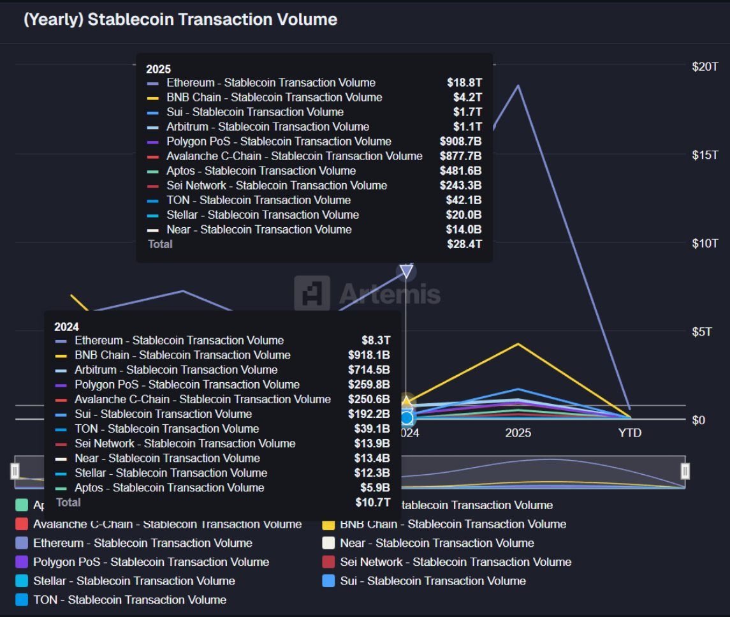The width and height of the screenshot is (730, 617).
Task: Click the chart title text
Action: [180, 20]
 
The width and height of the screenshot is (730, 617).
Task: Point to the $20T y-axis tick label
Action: [705, 66]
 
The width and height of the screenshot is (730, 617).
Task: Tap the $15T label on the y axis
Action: [705, 155]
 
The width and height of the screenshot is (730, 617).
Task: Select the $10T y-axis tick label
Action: [705, 243]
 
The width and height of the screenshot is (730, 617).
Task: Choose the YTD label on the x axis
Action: [629, 433]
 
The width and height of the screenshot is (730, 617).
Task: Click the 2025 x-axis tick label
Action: [518, 433]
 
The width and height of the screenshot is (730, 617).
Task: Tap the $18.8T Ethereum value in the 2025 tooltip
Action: [464, 82]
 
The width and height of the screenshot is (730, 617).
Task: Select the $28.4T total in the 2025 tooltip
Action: [464, 244]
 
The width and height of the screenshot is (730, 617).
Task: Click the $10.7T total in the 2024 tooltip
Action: [372, 502]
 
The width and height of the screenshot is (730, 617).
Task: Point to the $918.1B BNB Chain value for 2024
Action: [369, 355]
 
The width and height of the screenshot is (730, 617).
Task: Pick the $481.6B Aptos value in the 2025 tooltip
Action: [460, 170]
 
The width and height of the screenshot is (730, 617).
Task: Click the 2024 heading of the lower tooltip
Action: [66, 327]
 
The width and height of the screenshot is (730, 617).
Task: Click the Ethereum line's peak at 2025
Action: [518, 85]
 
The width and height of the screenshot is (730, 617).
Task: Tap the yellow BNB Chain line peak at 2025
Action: [518, 344]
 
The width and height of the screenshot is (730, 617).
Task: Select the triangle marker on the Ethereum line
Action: [406, 272]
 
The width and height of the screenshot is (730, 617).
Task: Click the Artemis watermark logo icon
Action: [312, 294]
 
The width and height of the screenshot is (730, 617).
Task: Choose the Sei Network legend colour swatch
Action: [328, 562]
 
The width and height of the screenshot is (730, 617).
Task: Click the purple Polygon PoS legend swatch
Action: [22, 562]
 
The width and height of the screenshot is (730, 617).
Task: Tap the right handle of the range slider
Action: [685, 471]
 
